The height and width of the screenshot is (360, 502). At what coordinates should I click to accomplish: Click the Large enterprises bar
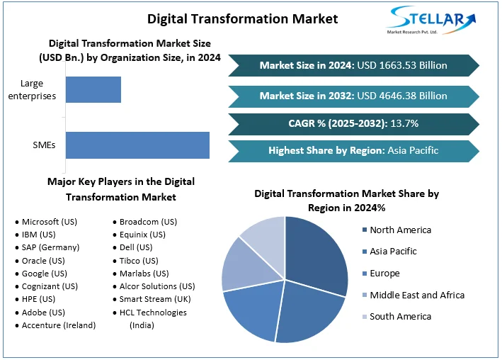[x=93, y=90]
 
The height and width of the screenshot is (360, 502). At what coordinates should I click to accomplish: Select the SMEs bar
[x=137, y=145]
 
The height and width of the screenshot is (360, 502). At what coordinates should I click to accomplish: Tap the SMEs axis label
[x=45, y=146]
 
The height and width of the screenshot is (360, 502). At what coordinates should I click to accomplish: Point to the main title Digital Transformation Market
[x=243, y=18]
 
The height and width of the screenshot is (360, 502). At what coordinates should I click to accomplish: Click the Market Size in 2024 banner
[x=353, y=65]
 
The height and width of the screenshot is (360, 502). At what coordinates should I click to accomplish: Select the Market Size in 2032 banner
[x=353, y=95]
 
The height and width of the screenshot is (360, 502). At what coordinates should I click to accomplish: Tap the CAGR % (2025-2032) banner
[x=353, y=123]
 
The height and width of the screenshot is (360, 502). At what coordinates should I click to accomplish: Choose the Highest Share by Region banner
[x=353, y=150]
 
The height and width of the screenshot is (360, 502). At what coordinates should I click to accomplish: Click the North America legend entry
[x=400, y=230]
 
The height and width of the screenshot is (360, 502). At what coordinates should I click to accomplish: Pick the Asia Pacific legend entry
[x=393, y=252]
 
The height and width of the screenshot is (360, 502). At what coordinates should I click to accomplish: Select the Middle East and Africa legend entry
[x=416, y=295]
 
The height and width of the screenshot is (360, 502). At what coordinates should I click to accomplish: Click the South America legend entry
[x=400, y=317]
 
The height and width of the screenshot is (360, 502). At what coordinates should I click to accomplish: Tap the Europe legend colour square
[x=365, y=274]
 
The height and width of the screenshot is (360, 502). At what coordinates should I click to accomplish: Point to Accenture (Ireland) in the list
[x=59, y=325]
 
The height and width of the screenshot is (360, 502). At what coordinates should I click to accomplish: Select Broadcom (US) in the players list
[x=148, y=222]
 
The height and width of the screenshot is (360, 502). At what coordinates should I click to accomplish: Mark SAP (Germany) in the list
[x=50, y=247]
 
